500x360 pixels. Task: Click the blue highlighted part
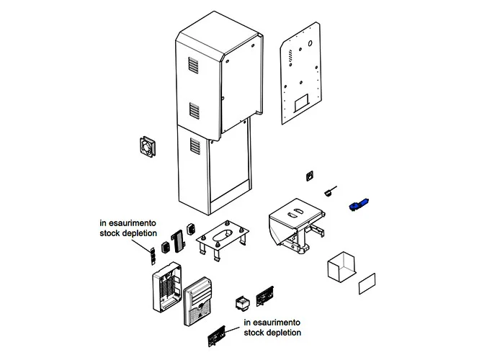coord(358,205)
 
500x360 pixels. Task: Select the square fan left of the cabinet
coord(148,146)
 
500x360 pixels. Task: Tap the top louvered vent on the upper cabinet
coord(193,66)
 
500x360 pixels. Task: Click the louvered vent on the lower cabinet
coord(193,146)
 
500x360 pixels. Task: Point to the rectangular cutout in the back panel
coord(302,101)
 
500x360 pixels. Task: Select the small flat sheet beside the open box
coord(368,284)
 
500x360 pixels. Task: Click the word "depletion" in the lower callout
coord(283,333)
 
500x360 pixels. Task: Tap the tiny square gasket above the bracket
coord(311,175)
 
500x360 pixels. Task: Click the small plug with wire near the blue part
coord(331,191)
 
